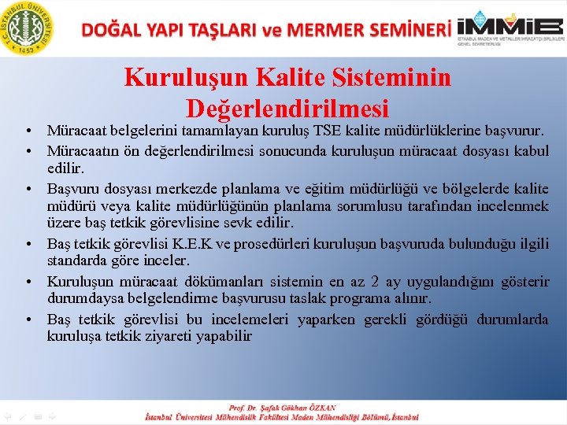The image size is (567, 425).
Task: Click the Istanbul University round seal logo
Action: pyautogui.click(x=28, y=28)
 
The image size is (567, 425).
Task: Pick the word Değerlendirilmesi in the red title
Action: pyautogui.click(x=287, y=107)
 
